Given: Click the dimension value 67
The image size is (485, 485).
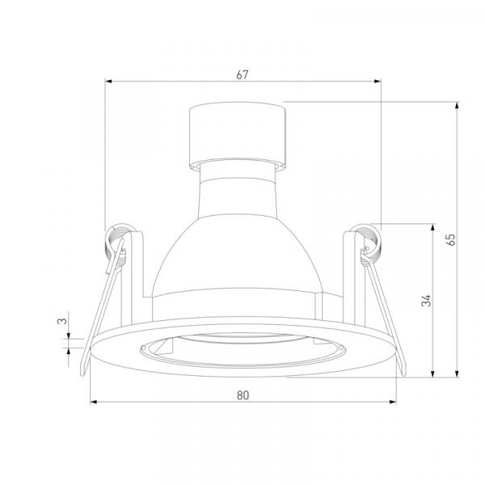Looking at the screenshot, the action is point(242,75).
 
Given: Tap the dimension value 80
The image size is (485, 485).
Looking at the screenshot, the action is point(242,395).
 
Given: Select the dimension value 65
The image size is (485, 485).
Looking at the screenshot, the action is point(452,240).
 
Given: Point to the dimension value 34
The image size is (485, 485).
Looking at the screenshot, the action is point(427,301).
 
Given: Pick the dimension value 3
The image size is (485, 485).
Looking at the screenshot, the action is point(62,321).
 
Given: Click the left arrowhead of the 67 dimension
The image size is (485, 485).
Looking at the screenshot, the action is point(108,82).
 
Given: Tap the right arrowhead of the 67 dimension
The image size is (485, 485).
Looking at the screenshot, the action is point(377,82).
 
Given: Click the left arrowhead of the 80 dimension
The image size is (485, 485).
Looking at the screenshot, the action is point(94,402).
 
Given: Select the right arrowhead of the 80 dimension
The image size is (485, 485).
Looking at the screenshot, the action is point(393,402).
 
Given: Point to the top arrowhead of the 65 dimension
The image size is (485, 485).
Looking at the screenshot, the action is point(457,105).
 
